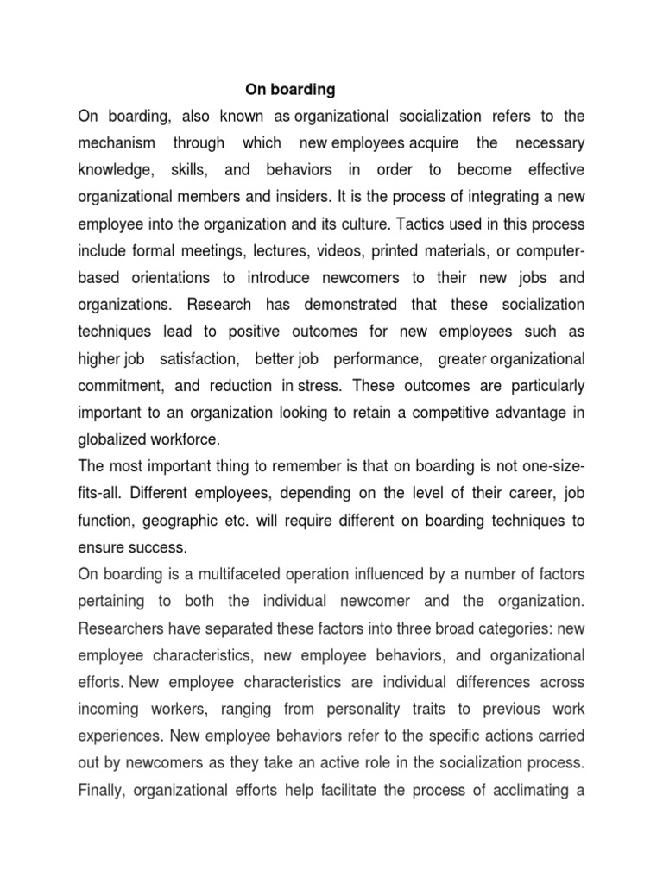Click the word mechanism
[x=117, y=143]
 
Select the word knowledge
[x=112, y=170]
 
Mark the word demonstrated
[x=344, y=304]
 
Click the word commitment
[x=117, y=384]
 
